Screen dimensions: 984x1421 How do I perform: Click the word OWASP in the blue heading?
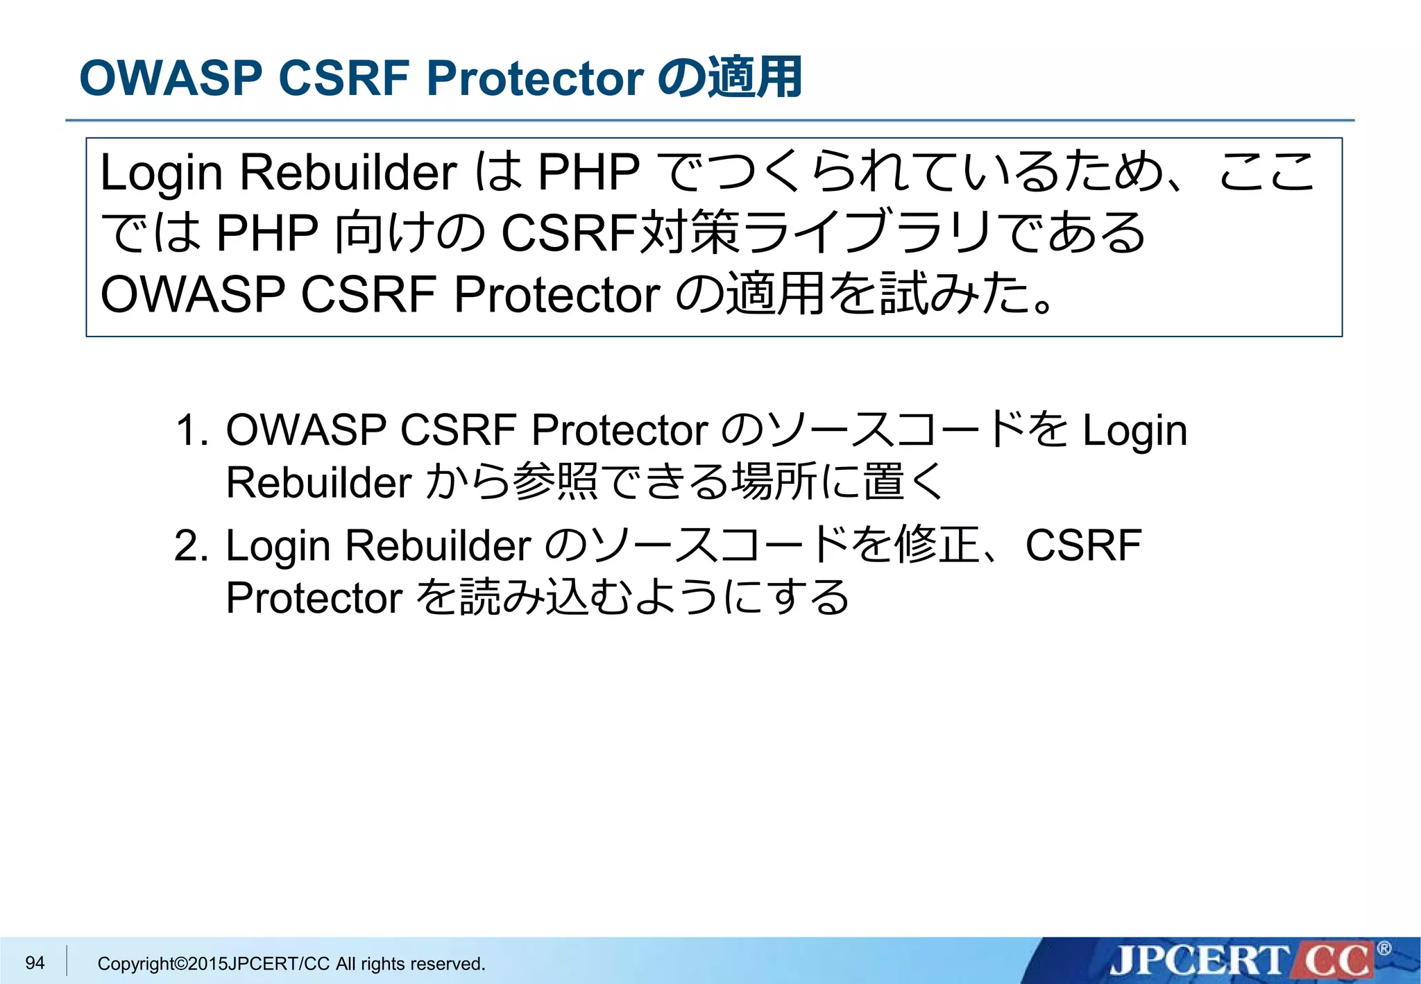pyautogui.click(x=171, y=78)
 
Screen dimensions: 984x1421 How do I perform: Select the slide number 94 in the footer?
pyautogui.click(x=35, y=962)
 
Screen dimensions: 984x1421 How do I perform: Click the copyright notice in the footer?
pyautogui.click(x=291, y=964)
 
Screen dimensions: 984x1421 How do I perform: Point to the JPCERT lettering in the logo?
pyautogui.click(x=1197, y=961)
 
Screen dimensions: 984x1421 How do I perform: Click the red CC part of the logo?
pyautogui.click(x=1336, y=961)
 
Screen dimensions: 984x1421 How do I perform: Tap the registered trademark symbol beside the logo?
pyautogui.click(x=1384, y=949)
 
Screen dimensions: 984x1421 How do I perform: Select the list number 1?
pyautogui.click(x=191, y=430)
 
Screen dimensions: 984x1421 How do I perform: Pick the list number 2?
pyautogui.click(x=191, y=545)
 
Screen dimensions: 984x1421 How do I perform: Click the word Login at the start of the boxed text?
pyautogui.click(x=161, y=172)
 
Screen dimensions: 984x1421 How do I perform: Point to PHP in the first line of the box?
pyautogui.click(x=588, y=172)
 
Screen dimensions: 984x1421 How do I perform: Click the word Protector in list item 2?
pyautogui.click(x=314, y=598)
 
